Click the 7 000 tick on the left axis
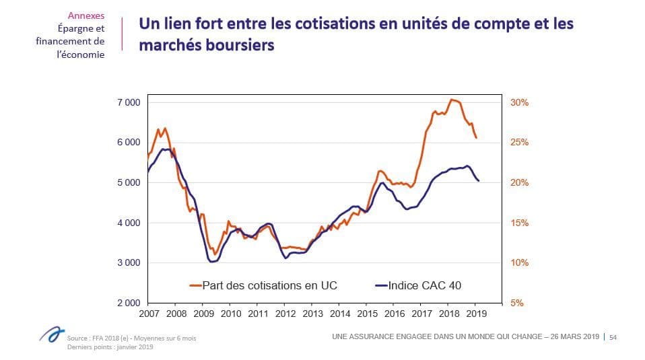(129, 102)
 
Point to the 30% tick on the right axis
(519, 102)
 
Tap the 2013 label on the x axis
(312, 314)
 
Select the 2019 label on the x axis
(477, 314)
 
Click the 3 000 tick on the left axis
(129, 262)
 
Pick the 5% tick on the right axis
(516, 303)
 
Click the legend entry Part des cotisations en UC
(263, 285)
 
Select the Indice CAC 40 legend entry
(418, 285)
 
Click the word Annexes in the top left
(86, 15)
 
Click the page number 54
(613, 337)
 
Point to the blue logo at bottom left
(52, 334)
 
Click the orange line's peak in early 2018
(451, 100)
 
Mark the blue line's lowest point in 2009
(212, 262)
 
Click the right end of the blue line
(479, 181)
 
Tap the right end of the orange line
(477, 138)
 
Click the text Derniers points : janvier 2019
(110, 347)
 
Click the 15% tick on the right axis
(519, 223)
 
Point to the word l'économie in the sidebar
(81, 55)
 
